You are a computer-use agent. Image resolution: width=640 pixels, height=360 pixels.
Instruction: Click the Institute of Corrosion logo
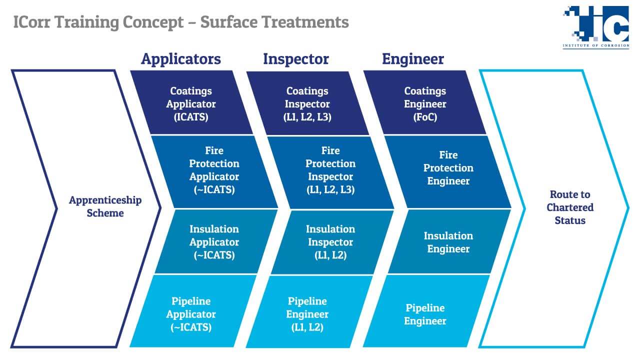(x=596, y=27)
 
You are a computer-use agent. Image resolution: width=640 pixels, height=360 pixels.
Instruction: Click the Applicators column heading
(x=181, y=59)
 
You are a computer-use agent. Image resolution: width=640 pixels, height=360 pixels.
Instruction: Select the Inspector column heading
(x=296, y=59)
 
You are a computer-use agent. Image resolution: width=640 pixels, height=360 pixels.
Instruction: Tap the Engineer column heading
(x=413, y=59)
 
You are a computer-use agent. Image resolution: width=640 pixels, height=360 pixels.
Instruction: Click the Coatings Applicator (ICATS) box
(x=191, y=103)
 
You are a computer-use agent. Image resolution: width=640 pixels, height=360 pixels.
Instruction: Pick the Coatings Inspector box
(x=307, y=103)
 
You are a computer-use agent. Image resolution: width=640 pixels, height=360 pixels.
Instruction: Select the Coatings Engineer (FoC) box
(x=425, y=103)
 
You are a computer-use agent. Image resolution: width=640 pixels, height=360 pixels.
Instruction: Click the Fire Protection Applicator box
(x=214, y=172)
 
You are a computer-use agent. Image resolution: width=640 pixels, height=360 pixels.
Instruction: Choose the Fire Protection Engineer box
(x=447, y=172)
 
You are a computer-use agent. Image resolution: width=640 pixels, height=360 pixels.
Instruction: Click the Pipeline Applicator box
(x=193, y=311)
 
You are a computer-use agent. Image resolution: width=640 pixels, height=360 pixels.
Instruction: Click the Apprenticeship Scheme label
(x=105, y=206)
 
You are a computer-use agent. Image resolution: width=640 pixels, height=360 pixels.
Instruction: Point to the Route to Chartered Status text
(x=570, y=207)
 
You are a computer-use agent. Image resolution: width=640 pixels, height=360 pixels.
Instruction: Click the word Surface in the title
(x=228, y=22)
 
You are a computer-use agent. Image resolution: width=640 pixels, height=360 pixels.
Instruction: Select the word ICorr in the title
(x=31, y=22)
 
